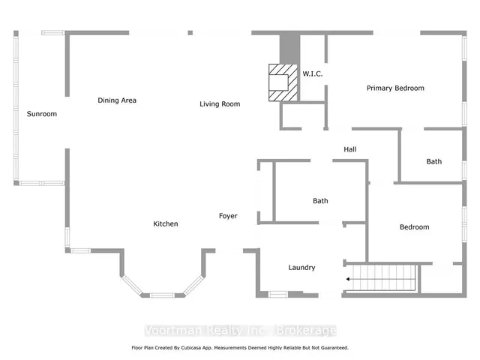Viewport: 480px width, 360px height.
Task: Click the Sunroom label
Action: click(x=42, y=114)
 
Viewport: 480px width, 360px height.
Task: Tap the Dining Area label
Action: click(x=117, y=100)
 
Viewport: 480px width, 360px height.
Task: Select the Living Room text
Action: click(x=220, y=104)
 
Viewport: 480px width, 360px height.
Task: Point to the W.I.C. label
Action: click(x=313, y=73)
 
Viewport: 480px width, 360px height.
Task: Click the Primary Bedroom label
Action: click(x=395, y=88)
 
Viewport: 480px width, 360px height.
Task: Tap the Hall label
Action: click(x=350, y=149)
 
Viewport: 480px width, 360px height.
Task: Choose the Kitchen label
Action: click(x=166, y=223)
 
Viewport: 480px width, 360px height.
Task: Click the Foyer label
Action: click(x=228, y=216)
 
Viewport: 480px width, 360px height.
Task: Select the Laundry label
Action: click(x=301, y=268)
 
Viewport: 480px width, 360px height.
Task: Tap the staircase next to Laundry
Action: click(x=384, y=277)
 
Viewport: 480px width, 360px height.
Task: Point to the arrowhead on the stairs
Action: click(x=348, y=279)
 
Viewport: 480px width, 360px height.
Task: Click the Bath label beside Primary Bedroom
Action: click(x=434, y=162)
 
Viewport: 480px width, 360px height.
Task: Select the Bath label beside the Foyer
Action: click(x=320, y=201)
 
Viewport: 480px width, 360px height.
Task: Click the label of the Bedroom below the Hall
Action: click(x=415, y=227)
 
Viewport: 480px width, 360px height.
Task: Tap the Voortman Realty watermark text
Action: click(x=240, y=331)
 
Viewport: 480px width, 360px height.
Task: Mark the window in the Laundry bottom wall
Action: click(x=278, y=295)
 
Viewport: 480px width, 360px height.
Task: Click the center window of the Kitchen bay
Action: click(x=162, y=295)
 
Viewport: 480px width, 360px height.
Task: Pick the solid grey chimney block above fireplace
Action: click(x=289, y=49)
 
